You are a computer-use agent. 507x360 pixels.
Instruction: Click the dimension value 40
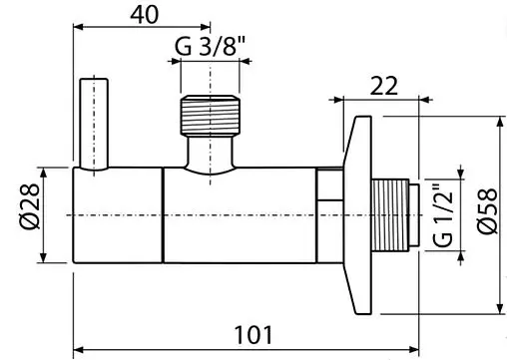point(145,15)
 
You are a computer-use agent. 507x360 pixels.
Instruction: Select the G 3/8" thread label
point(210,46)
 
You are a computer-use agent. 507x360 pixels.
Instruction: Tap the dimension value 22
point(383,86)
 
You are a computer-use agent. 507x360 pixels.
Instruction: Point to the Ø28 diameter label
point(30,206)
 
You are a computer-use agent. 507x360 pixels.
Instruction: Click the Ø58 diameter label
point(487,211)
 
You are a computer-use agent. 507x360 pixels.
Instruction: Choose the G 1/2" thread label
point(443,215)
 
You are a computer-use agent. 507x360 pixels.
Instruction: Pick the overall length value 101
point(253,335)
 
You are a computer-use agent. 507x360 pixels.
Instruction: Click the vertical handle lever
point(94,124)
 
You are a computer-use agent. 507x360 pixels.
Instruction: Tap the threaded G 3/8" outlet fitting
point(211,116)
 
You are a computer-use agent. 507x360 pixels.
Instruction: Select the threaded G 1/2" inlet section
point(390,214)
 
